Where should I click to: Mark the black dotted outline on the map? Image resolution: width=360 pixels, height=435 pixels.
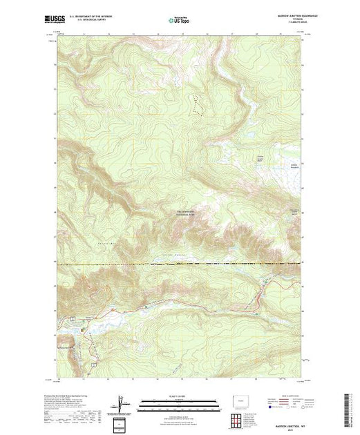[198, 104]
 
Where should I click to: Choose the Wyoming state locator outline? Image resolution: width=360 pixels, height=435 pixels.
[248, 400]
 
